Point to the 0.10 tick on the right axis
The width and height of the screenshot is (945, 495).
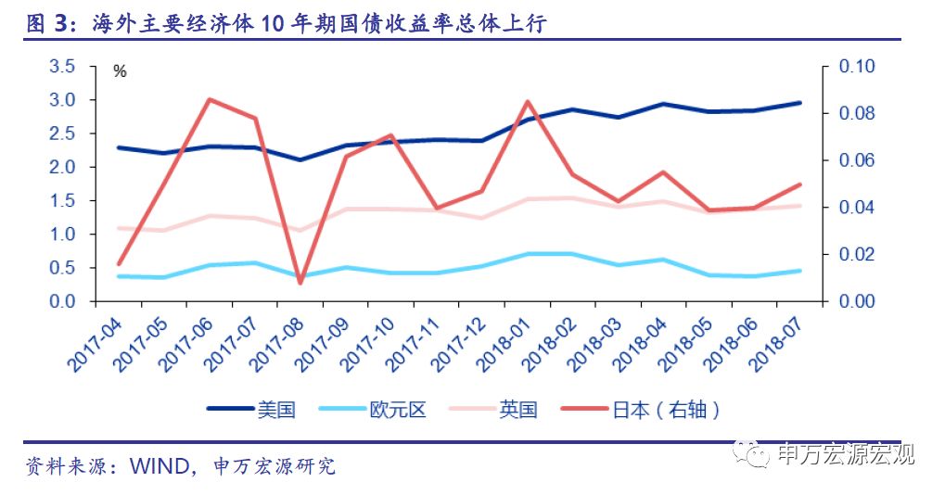(x=856, y=67)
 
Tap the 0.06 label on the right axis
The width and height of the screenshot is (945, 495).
(x=856, y=160)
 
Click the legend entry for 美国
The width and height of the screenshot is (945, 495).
(x=275, y=409)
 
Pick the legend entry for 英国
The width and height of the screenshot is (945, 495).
(x=517, y=409)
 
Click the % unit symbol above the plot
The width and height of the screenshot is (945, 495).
(x=120, y=71)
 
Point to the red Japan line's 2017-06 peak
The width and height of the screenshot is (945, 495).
(x=210, y=99)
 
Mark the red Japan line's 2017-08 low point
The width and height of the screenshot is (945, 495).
(x=300, y=282)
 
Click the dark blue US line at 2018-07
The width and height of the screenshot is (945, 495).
(x=799, y=103)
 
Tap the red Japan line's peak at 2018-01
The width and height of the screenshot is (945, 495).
(x=527, y=101)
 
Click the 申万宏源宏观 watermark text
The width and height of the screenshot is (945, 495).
(x=846, y=453)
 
